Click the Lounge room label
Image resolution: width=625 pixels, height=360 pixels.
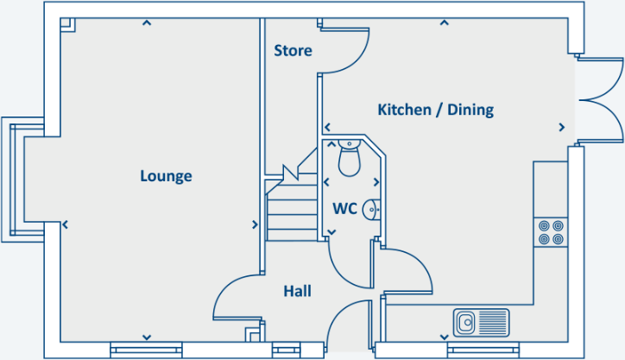tap(166, 176)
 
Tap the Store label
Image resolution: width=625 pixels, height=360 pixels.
tap(293, 51)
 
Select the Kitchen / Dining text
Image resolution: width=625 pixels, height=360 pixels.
tap(435, 110)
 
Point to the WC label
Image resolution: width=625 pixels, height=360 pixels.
tap(344, 208)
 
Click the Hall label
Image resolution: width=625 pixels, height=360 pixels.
tap(297, 291)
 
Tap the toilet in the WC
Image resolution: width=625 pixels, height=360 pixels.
tap(349, 158)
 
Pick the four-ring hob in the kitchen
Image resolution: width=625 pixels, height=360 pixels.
tap(551, 231)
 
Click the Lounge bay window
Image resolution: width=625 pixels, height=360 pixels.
tap(17, 180)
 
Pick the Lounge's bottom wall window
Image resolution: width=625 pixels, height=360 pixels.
tap(147, 350)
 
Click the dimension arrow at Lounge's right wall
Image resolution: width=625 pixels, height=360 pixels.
tap(255, 224)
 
